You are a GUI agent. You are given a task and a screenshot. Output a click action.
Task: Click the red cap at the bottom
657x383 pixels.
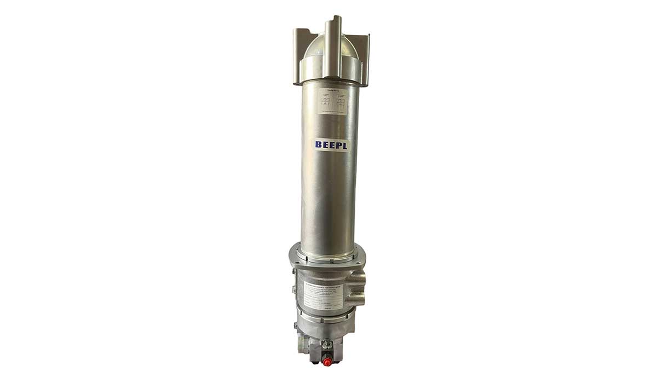(x=327, y=362)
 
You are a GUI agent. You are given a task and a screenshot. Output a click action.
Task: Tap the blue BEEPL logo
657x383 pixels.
(x=331, y=145)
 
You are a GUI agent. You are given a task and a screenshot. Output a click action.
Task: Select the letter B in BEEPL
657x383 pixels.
(x=319, y=145)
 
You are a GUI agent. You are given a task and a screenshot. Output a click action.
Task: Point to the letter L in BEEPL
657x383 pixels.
(x=344, y=145)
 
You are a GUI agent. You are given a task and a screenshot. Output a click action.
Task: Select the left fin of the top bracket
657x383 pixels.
(x=298, y=49)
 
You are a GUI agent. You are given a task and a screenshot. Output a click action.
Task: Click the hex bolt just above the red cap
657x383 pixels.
(x=326, y=345)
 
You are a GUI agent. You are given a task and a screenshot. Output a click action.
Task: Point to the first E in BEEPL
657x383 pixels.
(x=325, y=145)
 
